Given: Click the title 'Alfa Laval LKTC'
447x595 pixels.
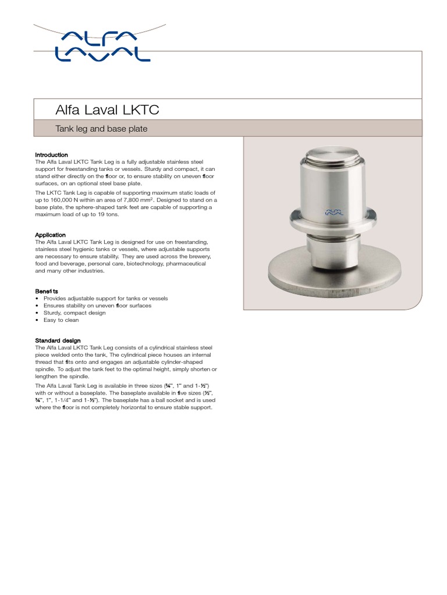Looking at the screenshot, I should [107, 109].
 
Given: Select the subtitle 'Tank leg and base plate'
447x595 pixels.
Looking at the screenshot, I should [101, 128].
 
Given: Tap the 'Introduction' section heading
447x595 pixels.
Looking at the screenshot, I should [51, 155].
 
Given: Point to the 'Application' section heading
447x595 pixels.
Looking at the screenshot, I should [50, 235].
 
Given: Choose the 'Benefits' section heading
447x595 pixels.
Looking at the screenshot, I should [47, 291].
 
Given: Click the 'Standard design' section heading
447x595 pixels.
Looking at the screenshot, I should [58, 340].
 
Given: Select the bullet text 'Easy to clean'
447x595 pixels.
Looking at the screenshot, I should [61, 320].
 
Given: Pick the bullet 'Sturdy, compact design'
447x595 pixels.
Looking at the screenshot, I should [74, 313].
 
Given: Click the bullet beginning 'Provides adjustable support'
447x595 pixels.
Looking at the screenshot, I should [105, 298].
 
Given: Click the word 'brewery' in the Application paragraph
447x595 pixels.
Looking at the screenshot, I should [201, 256].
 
